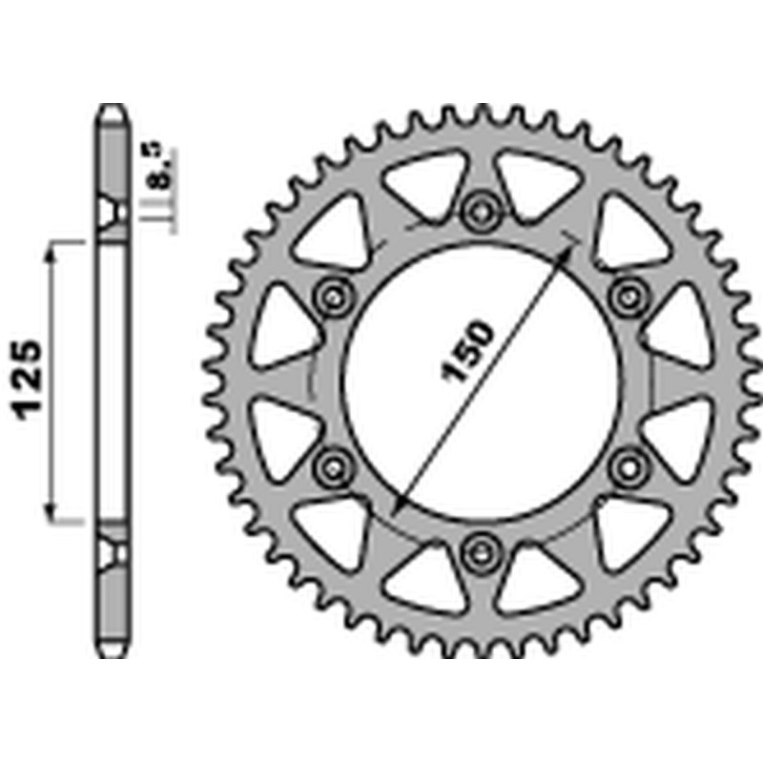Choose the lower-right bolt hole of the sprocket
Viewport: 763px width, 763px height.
coord(627,464)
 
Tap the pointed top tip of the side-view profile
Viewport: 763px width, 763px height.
coord(113,108)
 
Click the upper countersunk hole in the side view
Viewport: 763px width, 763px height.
coord(113,212)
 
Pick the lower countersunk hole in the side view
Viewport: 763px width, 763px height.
coord(113,551)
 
